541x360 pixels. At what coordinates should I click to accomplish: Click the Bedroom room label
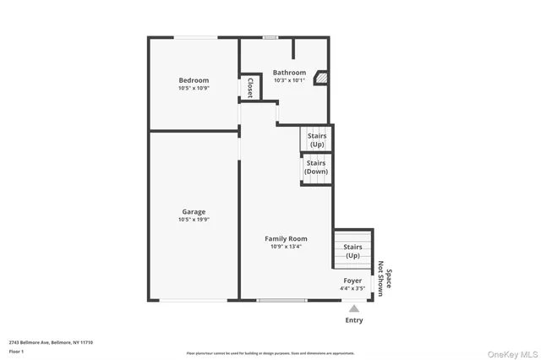point(194,80)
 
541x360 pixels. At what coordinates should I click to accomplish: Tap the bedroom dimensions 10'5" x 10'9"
point(194,88)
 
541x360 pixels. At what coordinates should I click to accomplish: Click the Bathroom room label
point(289,73)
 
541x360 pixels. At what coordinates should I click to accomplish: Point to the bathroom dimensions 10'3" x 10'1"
point(289,81)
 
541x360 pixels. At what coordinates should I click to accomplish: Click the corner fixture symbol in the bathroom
point(321,78)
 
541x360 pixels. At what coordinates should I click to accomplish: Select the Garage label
point(194,211)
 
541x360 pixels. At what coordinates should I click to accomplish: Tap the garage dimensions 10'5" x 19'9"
point(194,220)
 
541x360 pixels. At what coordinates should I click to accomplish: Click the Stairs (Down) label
point(316,166)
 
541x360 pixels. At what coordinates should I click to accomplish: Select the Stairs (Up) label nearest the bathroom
point(316,139)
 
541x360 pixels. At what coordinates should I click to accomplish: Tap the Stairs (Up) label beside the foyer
point(352,251)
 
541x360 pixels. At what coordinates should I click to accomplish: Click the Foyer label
point(352,281)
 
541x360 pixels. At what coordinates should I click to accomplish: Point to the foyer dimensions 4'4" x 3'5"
point(352,289)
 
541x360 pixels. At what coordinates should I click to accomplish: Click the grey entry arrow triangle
point(354,308)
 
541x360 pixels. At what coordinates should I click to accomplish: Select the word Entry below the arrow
point(354,320)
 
